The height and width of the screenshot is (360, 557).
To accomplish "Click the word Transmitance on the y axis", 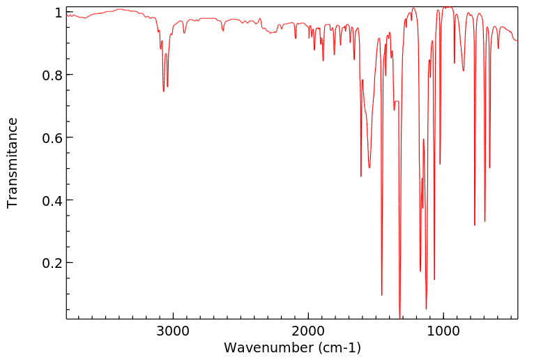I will (13, 163).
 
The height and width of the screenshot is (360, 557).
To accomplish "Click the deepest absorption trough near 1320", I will (399, 317).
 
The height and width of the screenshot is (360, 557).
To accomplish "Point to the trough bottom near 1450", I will (381, 295).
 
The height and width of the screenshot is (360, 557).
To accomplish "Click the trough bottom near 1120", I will (426, 308).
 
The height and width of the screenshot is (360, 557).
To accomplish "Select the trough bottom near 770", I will (475, 225).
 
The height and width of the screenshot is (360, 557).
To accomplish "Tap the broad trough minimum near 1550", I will (369, 167).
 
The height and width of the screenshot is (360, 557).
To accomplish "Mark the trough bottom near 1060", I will (434, 280).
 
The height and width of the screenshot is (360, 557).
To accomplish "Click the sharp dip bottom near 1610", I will (360, 176).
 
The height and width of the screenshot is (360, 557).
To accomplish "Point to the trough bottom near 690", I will (485, 221).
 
